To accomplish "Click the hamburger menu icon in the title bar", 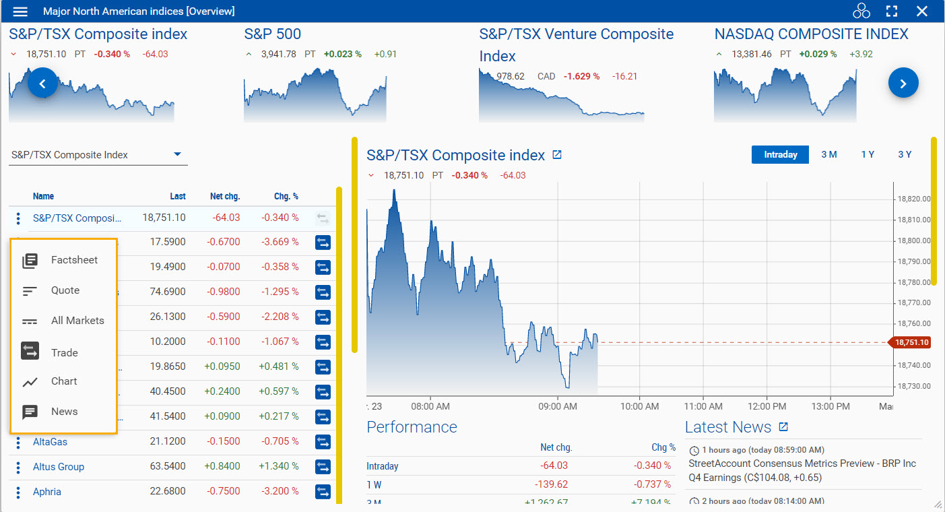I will coord(21,11).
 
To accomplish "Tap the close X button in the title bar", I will coord(922,11).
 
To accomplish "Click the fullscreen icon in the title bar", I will coord(892,11).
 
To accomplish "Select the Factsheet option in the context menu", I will coord(74,260).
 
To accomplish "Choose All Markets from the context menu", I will coord(77,321).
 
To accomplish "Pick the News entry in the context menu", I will coord(64,412).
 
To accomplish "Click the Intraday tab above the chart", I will coord(780,154).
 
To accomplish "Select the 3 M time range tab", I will coord(828,154).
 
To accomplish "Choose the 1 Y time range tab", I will coord(868,154).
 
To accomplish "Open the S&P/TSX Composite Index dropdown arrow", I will coord(178,154).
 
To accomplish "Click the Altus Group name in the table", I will coord(59,467).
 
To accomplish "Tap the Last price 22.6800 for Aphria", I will coord(168,492).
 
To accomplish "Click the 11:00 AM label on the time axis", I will coord(703,406).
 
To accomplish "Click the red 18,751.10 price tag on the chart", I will coord(911,342).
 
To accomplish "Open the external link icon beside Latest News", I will coord(783,427).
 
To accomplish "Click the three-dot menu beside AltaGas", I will coord(18,443).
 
